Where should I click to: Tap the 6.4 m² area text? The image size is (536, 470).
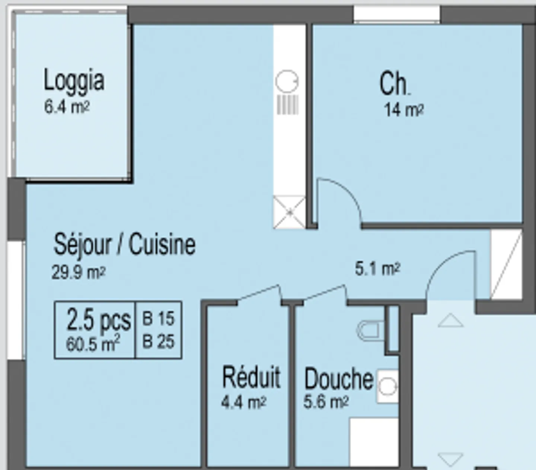pyautogui.click(x=67, y=107)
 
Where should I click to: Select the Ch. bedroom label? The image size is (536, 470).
pyautogui.click(x=395, y=83)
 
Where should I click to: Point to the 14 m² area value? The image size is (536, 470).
pyautogui.click(x=404, y=110)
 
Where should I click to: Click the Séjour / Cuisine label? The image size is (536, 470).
pyautogui.click(x=125, y=244)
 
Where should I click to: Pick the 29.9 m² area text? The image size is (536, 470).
pyautogui.click(x=79, y=272)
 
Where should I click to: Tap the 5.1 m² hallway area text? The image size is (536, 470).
pyautogui.click(x=377, y=269)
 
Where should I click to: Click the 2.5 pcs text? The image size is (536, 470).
pyautogui.click(x=98, y=320)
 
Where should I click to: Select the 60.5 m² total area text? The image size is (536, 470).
pyautogui.click(x=93, y=343)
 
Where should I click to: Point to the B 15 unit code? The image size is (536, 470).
pyautogui.click(x=159, y=318)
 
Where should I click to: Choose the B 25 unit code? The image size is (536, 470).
pyautogui.click(x=159, y=341)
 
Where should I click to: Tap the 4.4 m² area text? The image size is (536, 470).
pyautogui.click(x=244, y=403)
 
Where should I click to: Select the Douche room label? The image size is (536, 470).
pyautogui.click(x=339, y=380)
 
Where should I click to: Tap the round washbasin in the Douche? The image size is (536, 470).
pyautogui.click(x=387, y=386)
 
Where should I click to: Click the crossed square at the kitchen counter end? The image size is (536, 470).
pyautogui.click(x=290, y=212)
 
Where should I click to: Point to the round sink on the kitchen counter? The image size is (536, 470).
pyautogui.click(x=287, y=81)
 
